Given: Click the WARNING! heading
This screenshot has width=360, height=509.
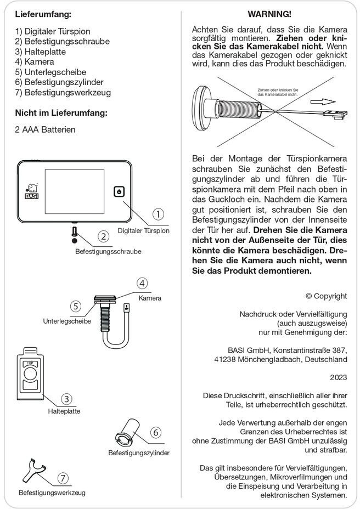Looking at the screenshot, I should click(x=269, y=13).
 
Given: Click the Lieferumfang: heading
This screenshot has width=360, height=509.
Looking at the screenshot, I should click(x=43, y=13).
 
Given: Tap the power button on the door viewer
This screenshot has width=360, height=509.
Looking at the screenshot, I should click(x=120, y=191).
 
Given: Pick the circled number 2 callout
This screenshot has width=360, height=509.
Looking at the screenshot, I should click(x=103, y=236).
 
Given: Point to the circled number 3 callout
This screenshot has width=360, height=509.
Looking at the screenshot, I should click(x=67, y=399).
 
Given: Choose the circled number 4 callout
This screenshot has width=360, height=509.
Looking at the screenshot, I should click(x=142, y=284).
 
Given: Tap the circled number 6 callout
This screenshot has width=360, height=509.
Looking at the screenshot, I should click(x=156, y=433).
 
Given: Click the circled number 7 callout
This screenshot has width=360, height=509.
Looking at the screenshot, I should click(x=64, y=478).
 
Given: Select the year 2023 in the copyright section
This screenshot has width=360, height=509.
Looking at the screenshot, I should click(x=338, y=377).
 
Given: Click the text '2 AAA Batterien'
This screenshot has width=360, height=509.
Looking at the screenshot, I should click(x=46, y=129).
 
